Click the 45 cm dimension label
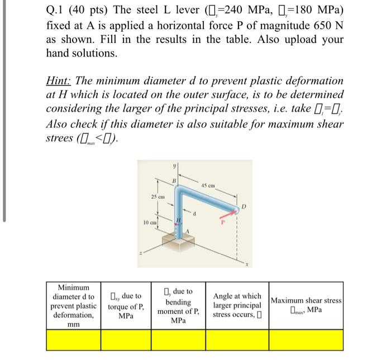click(x=208, y=186)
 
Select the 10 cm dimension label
click(x=149, y=223)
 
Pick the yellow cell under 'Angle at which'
click(x=237, y=340)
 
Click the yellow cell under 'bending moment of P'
click(x=178, y=340)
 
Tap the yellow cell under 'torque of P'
click(x=126, y=340)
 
